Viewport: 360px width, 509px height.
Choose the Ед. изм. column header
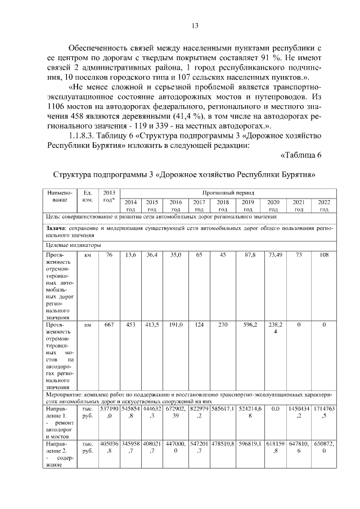click(x=87, y=196)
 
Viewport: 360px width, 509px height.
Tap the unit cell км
click(x=87, y=255)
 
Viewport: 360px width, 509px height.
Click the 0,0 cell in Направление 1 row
click(x=275, y=409)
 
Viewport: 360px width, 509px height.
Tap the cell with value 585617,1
click(x=223, y=409)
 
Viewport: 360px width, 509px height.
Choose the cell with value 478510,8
click(x=223, y=444)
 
